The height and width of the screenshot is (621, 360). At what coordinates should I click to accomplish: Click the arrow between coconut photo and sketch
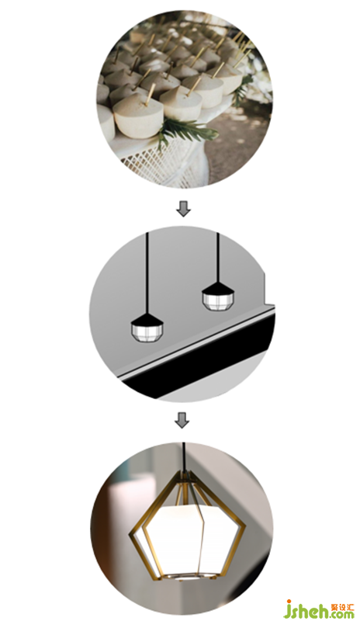point(183,209)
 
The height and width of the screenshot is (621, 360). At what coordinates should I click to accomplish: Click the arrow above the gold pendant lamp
point(182,420)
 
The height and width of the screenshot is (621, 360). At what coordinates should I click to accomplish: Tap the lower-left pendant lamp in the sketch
point(147,328)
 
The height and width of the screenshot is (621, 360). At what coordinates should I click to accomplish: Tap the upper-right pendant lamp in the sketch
point(218,296)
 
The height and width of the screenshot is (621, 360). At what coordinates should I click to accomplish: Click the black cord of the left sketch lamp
point(147,272)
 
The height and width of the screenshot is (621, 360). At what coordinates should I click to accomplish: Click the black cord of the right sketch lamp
point(218,258)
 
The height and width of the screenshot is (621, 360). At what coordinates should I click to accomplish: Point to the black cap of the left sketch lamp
point(147,319)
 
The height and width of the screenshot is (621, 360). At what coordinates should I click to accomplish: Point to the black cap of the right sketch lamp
point(218,287)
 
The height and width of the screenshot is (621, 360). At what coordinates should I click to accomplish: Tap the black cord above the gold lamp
point(183,456)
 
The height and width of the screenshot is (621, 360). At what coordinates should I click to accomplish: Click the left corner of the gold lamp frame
point(130,536)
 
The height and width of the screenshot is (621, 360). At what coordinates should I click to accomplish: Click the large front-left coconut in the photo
point(138,114)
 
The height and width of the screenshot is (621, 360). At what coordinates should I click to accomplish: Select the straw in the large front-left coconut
point(151,94)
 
